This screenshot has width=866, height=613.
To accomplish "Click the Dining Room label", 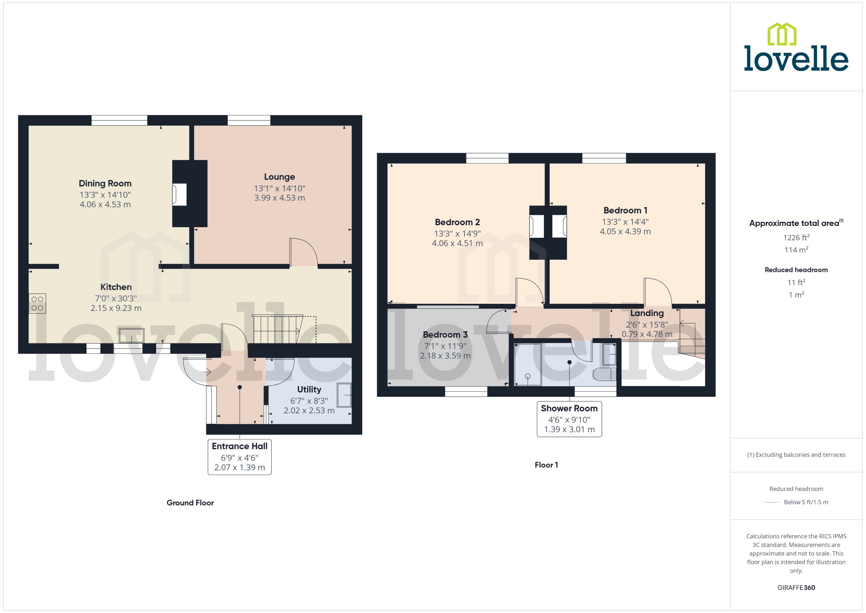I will pos(105,183).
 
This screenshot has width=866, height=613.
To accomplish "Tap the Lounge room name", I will pos(279,177).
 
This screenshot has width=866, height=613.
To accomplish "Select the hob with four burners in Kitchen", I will pos(37,303).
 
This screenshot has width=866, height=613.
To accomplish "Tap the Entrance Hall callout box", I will pos(240,457).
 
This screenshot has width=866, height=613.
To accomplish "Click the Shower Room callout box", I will pos(569,419).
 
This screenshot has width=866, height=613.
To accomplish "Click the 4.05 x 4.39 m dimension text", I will pos(625,231).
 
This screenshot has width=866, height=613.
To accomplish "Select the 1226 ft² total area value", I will pos(796,237).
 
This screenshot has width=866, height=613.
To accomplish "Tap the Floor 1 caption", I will pos(546,465).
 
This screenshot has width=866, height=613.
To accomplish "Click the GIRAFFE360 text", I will pos(796,587).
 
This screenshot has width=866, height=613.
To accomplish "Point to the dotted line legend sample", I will pos(771,502).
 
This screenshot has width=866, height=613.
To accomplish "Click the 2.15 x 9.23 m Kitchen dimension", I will pos(116,308).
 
